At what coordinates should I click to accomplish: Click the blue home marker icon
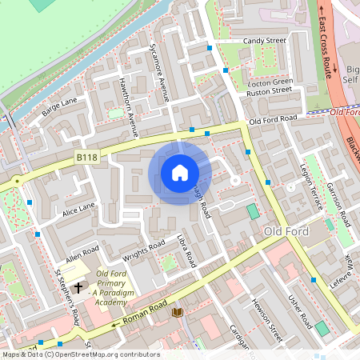click(x=180, y=172)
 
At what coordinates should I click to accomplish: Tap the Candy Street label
click(x=265, y=40)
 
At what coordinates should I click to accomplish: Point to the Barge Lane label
click(x=59, y=107)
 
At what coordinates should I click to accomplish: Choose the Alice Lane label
click(x=79, y=210)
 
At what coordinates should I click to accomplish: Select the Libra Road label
click(x=186, y=251)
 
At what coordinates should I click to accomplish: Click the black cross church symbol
click(x=78, y=286)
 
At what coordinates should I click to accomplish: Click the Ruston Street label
click(x=270, y=90)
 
